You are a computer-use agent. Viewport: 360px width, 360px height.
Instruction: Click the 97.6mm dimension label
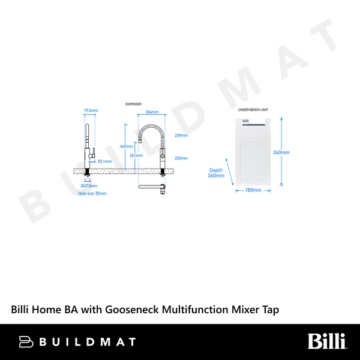[91, 111]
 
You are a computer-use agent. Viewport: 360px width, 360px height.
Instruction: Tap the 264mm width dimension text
[152, 112]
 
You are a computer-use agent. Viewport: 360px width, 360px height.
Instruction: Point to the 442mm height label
[127, 146]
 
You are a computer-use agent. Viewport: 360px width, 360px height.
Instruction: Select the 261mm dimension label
[136, 155]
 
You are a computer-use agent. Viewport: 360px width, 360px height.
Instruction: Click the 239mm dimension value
[181, 136]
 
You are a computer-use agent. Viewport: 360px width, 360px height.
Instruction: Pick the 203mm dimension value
[181, 158]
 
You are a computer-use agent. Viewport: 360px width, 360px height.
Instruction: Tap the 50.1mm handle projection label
[104, 161]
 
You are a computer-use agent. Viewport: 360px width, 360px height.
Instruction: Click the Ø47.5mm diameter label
[89, 185]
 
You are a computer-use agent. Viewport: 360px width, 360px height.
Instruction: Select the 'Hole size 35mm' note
[92, 193]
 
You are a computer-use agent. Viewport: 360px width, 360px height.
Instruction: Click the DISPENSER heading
[133, 104]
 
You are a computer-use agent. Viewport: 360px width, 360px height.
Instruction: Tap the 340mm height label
[281, 152]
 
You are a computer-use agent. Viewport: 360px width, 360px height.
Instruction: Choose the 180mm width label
[253, 190]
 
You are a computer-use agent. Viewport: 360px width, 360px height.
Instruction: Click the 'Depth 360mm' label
[215, 173]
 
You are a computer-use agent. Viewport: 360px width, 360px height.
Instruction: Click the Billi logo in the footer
[327, 341]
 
